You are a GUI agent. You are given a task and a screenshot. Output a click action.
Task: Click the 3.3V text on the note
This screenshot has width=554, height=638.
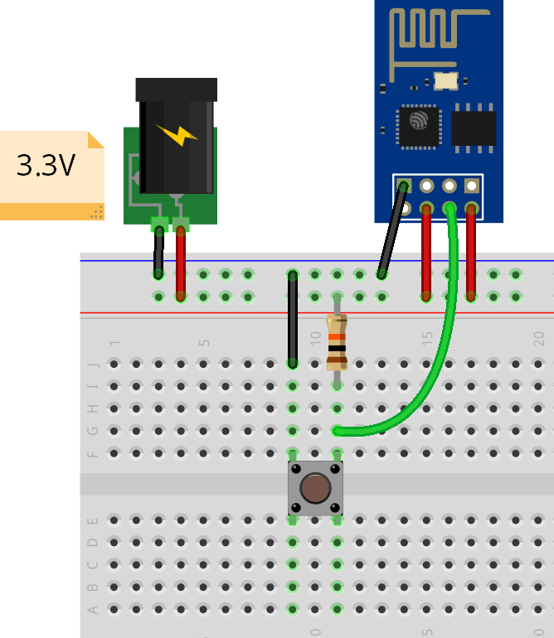pyautogui.click(x=46, y=166)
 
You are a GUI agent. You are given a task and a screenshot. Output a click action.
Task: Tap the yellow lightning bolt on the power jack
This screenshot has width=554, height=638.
pyautogui.click(x=177, y=133)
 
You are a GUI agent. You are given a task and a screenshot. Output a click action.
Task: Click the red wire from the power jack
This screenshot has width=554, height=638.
pyautogui.click(x=181, y=261)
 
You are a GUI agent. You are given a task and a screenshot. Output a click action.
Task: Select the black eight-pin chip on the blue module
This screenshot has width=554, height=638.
pyautogui.click(x=474, y=128)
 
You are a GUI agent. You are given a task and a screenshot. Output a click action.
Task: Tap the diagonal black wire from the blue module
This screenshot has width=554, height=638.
pyautogui.click(x=391, y=232)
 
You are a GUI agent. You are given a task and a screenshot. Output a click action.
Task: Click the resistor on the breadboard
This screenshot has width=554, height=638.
pyautogui.click(x=337, y=341)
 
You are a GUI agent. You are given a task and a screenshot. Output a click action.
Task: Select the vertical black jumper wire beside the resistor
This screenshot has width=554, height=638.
pyautogui.click(x=292, y=319)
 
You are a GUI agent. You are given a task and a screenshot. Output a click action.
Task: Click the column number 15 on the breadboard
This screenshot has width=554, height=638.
pyautogui.click(x=427, y=338)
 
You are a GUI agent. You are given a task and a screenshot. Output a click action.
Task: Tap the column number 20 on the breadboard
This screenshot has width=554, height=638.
pyautogui.click(x=539, y=338)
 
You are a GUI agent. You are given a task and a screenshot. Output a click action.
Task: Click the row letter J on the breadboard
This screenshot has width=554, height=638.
pyautogui.click(x=93, y=364)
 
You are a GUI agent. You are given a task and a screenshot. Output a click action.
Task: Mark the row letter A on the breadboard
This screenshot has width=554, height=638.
pyautogui.click(x=93, y=610)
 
